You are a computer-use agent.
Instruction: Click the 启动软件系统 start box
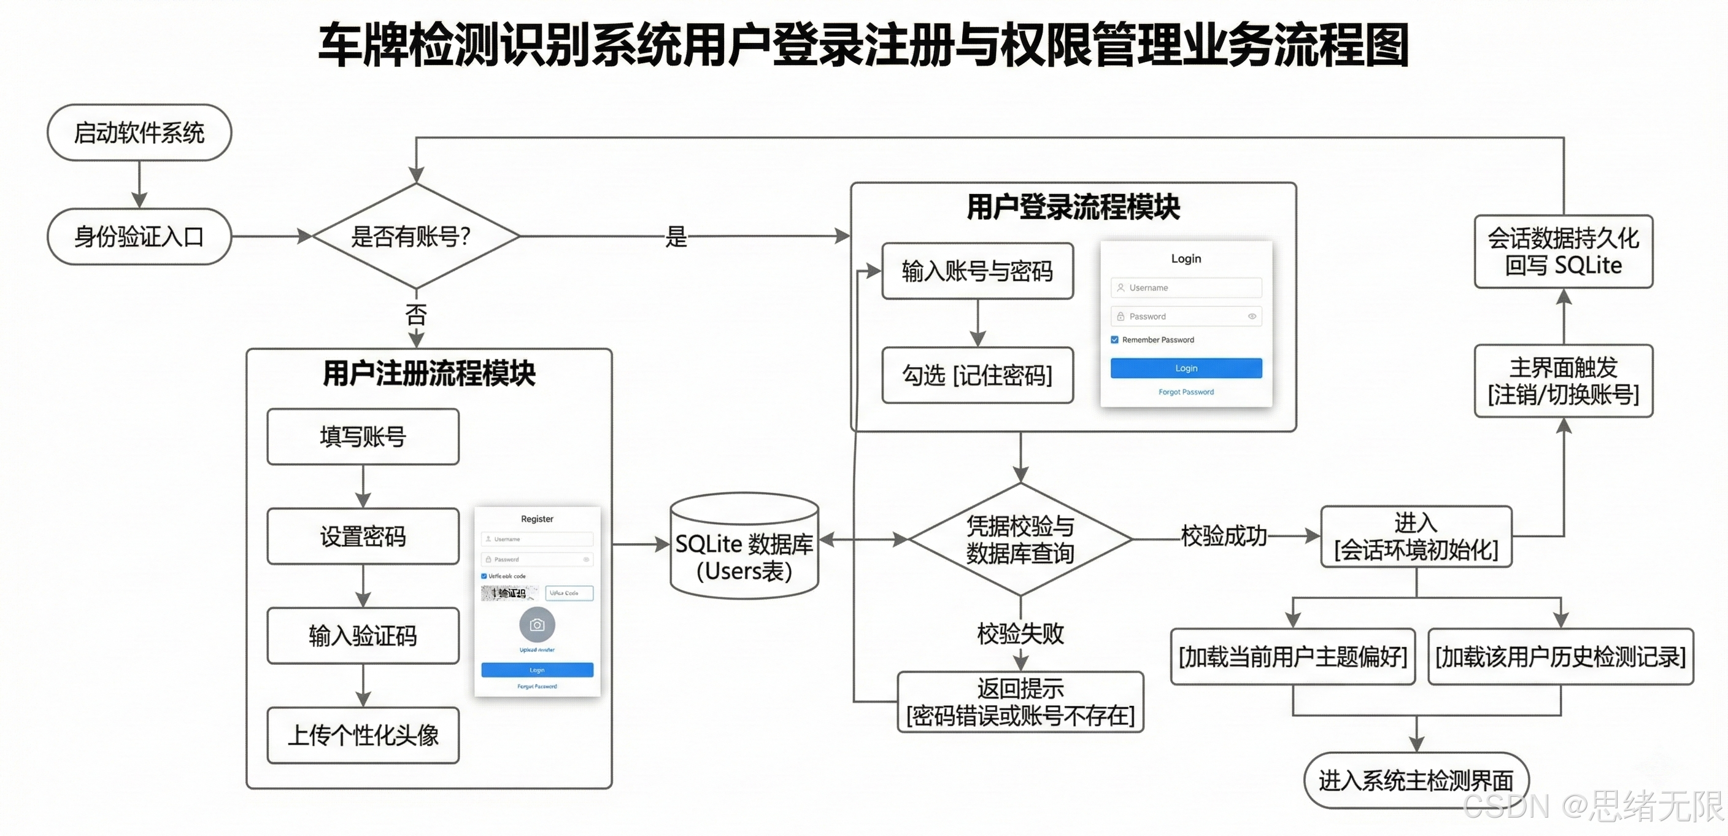point(139,132)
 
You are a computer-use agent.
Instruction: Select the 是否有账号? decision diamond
point(416,236)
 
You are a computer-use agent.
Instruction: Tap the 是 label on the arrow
point(676,236)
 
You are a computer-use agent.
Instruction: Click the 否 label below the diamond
point(416,314)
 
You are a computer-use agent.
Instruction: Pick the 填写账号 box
point(362,437)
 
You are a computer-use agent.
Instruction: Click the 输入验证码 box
point(362,635)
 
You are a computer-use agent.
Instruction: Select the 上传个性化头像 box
point(362,735)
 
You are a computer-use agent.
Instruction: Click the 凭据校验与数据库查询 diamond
point(1020,540)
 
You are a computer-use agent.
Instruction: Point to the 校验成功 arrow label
point(1224,536)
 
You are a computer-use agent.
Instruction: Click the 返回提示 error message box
point(1020,702)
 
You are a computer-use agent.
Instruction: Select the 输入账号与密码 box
point(977,271)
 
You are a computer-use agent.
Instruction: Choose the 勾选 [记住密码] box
point(977,375)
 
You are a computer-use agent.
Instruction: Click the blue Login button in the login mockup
point(1186,368)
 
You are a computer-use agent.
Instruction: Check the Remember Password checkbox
point(1115,339)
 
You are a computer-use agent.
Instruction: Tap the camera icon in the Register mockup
point(537,625)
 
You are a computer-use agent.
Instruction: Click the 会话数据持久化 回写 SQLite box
point(1563,252)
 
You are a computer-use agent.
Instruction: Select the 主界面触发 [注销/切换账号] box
point(1563,381)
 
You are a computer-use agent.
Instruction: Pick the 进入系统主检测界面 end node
point(1416,780)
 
